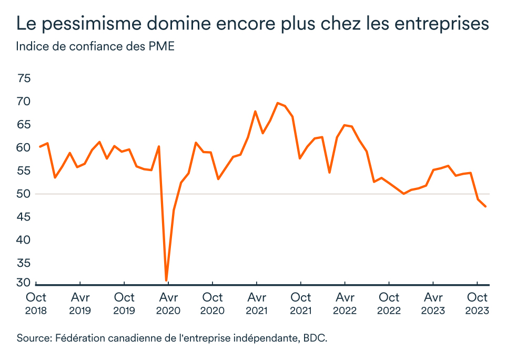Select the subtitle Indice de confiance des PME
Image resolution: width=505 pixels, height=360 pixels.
point(95,46)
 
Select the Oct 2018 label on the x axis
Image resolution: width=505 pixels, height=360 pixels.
point(36,304)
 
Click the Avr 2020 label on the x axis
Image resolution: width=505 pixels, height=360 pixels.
point(168,304)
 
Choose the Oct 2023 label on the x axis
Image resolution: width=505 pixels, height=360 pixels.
point(478,304)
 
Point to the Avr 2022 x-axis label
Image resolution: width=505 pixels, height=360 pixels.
point(345,304)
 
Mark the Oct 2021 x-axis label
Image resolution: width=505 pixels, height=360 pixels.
point(300,304)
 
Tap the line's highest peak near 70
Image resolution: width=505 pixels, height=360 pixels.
point(278,103)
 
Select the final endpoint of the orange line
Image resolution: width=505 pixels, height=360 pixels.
point(485,206)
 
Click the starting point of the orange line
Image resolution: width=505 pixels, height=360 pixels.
point(40,146)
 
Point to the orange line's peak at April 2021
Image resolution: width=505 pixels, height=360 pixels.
point(255,112)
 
